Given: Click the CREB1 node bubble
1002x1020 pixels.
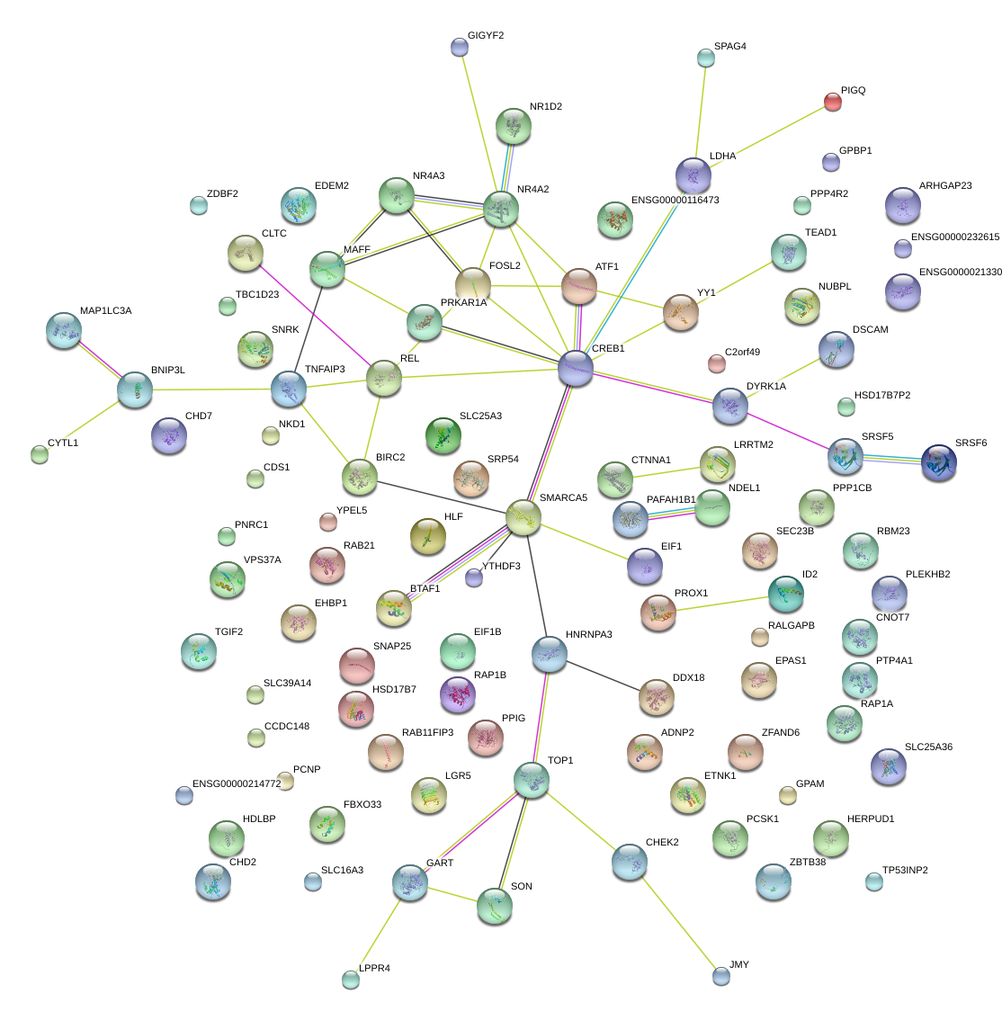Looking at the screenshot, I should (x=576, y=369).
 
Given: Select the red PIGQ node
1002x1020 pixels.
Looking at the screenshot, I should (x=834, y=102).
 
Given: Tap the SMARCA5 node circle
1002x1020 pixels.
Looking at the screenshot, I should (x=523, y=517).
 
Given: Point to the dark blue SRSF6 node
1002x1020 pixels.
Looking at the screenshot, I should (x=939, y=461).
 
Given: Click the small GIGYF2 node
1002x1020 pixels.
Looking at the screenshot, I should (x=460, y=47).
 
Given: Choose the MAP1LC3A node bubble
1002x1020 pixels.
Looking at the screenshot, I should (x=63, y=330).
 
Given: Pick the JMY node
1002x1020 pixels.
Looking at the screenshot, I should (x=720, y=975).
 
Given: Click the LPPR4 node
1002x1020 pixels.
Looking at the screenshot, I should (x=351, y=980).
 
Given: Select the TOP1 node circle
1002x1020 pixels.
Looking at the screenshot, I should (x=532, y=781).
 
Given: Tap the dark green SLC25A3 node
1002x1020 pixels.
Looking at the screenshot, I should (x=443, y=435).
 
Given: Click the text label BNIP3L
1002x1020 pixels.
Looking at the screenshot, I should (x=168, y=370).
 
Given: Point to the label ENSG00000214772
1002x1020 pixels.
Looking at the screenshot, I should (x=237, y=784).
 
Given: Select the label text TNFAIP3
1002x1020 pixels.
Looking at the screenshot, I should (x=325, y=369).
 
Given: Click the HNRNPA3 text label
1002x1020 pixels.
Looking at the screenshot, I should (x=588, y=635).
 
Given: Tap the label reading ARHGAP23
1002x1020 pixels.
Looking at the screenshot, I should (x=945, y=186).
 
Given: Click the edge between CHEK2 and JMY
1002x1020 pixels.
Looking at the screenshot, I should (x=675, y=918).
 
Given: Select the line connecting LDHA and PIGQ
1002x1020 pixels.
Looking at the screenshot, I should (x=764, y=138).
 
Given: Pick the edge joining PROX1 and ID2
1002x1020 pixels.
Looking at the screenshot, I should (x=722, y=602).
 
